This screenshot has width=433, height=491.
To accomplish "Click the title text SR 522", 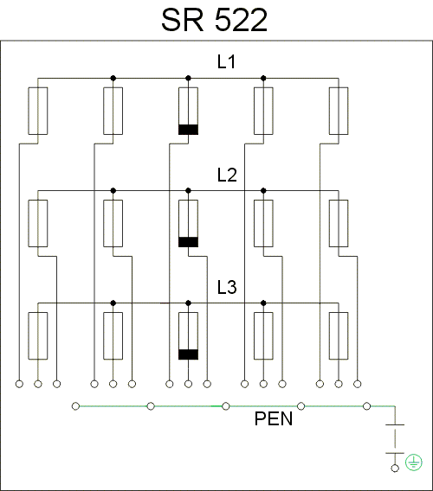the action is coord(214,20).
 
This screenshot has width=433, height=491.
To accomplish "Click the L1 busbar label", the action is coord(226,61).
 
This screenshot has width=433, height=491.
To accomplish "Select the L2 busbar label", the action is coord(227,175).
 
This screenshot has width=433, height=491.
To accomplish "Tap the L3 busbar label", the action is coord(227,287).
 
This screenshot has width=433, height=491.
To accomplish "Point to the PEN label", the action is coord(274,418).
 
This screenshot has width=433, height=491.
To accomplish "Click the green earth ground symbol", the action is coord(414,462).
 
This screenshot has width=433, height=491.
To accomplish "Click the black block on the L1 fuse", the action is coord(188,130).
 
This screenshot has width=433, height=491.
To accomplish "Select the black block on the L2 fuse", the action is coord(188,242).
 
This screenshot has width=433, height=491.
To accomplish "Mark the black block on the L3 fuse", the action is coord(188,354).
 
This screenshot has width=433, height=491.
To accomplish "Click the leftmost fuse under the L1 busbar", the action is coord(38,111).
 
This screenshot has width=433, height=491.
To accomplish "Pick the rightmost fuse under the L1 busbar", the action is coord(339,111).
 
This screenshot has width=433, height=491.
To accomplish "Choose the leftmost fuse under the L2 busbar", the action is coord(38,223).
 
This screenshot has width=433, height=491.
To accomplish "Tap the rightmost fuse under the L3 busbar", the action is coord(339,335).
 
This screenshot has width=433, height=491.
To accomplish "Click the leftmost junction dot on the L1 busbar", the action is coord(113,78).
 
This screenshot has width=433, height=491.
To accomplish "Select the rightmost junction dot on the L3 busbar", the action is coord(263,303).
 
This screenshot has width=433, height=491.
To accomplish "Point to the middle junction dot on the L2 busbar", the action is coord(188,190).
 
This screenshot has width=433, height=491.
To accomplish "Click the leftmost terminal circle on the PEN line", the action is coord(75,406).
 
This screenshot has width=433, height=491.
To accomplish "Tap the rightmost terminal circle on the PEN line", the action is coord(366,406).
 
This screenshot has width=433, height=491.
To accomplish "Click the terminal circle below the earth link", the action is coord(395,469).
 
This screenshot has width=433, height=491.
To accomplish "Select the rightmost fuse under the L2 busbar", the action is coord(339,223).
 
